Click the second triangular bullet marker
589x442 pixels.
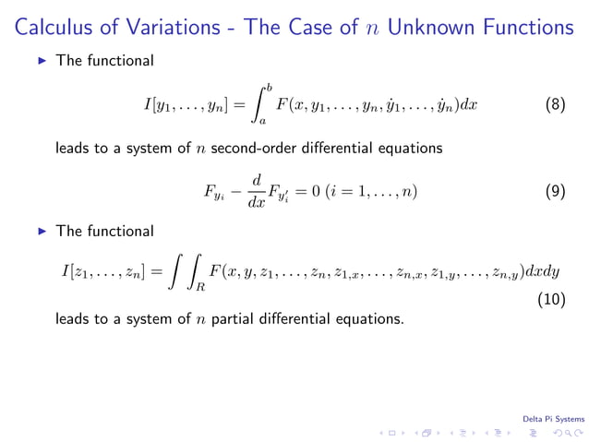[x=41, y=232]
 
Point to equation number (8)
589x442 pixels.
[x=555, y=104]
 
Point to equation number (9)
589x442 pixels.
[x=555, y=193]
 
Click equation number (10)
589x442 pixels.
[x=552, y=300]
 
